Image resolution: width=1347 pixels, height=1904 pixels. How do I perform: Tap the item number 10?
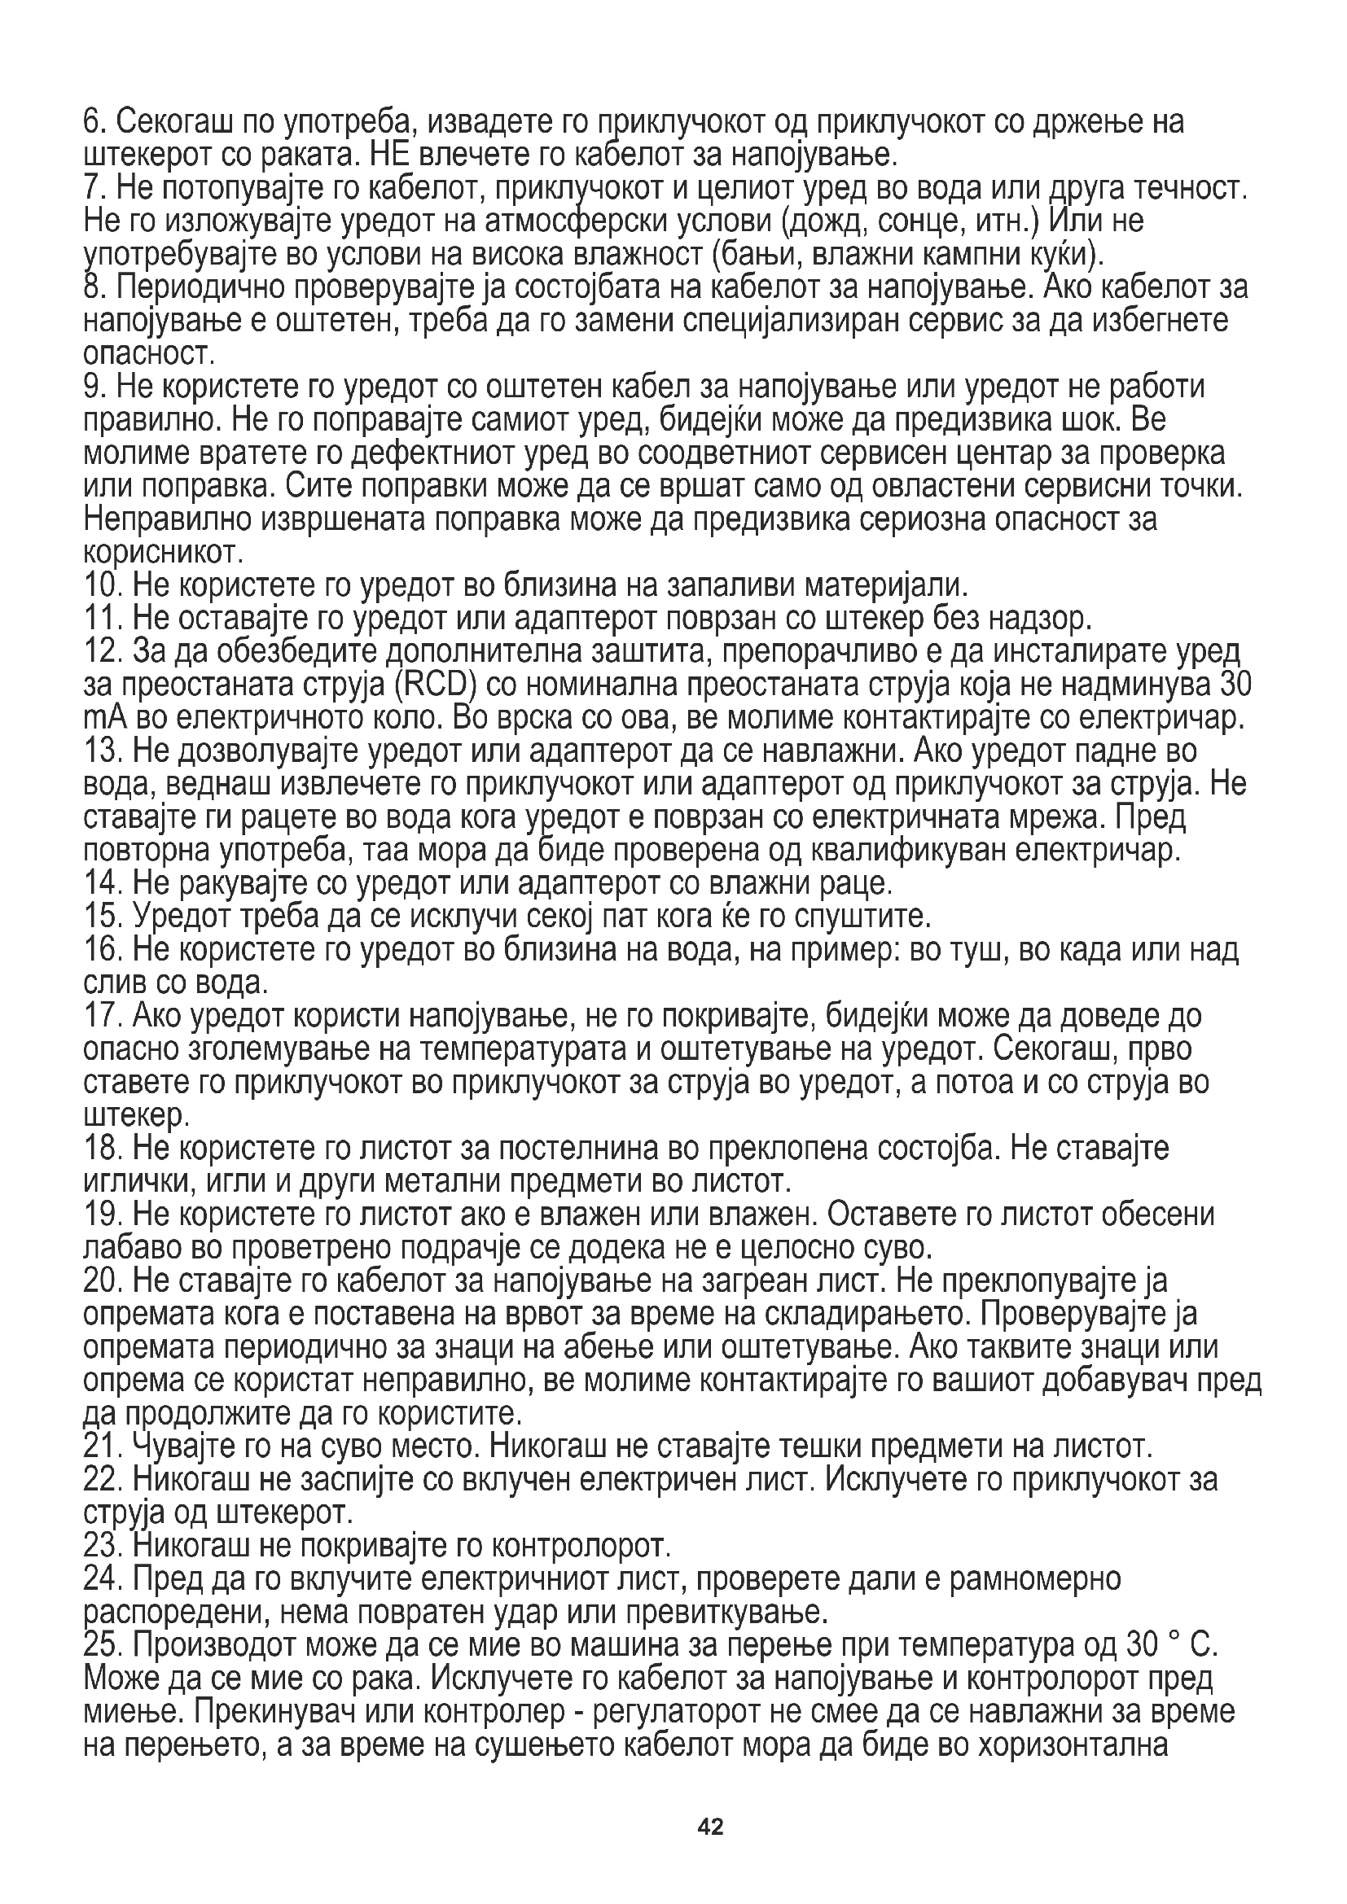click(x=102, y=586)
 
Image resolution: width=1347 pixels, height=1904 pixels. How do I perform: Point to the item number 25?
click(x=102, y=1644)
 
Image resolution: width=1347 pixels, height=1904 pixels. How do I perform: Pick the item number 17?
click(x=102, y=1016)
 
